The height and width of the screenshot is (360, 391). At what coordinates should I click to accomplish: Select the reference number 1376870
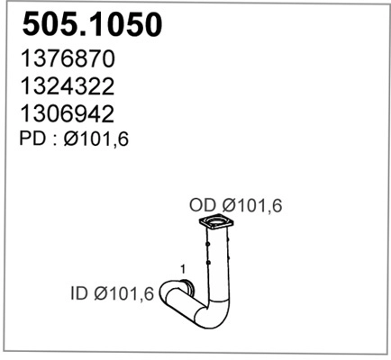pos(65,59)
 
